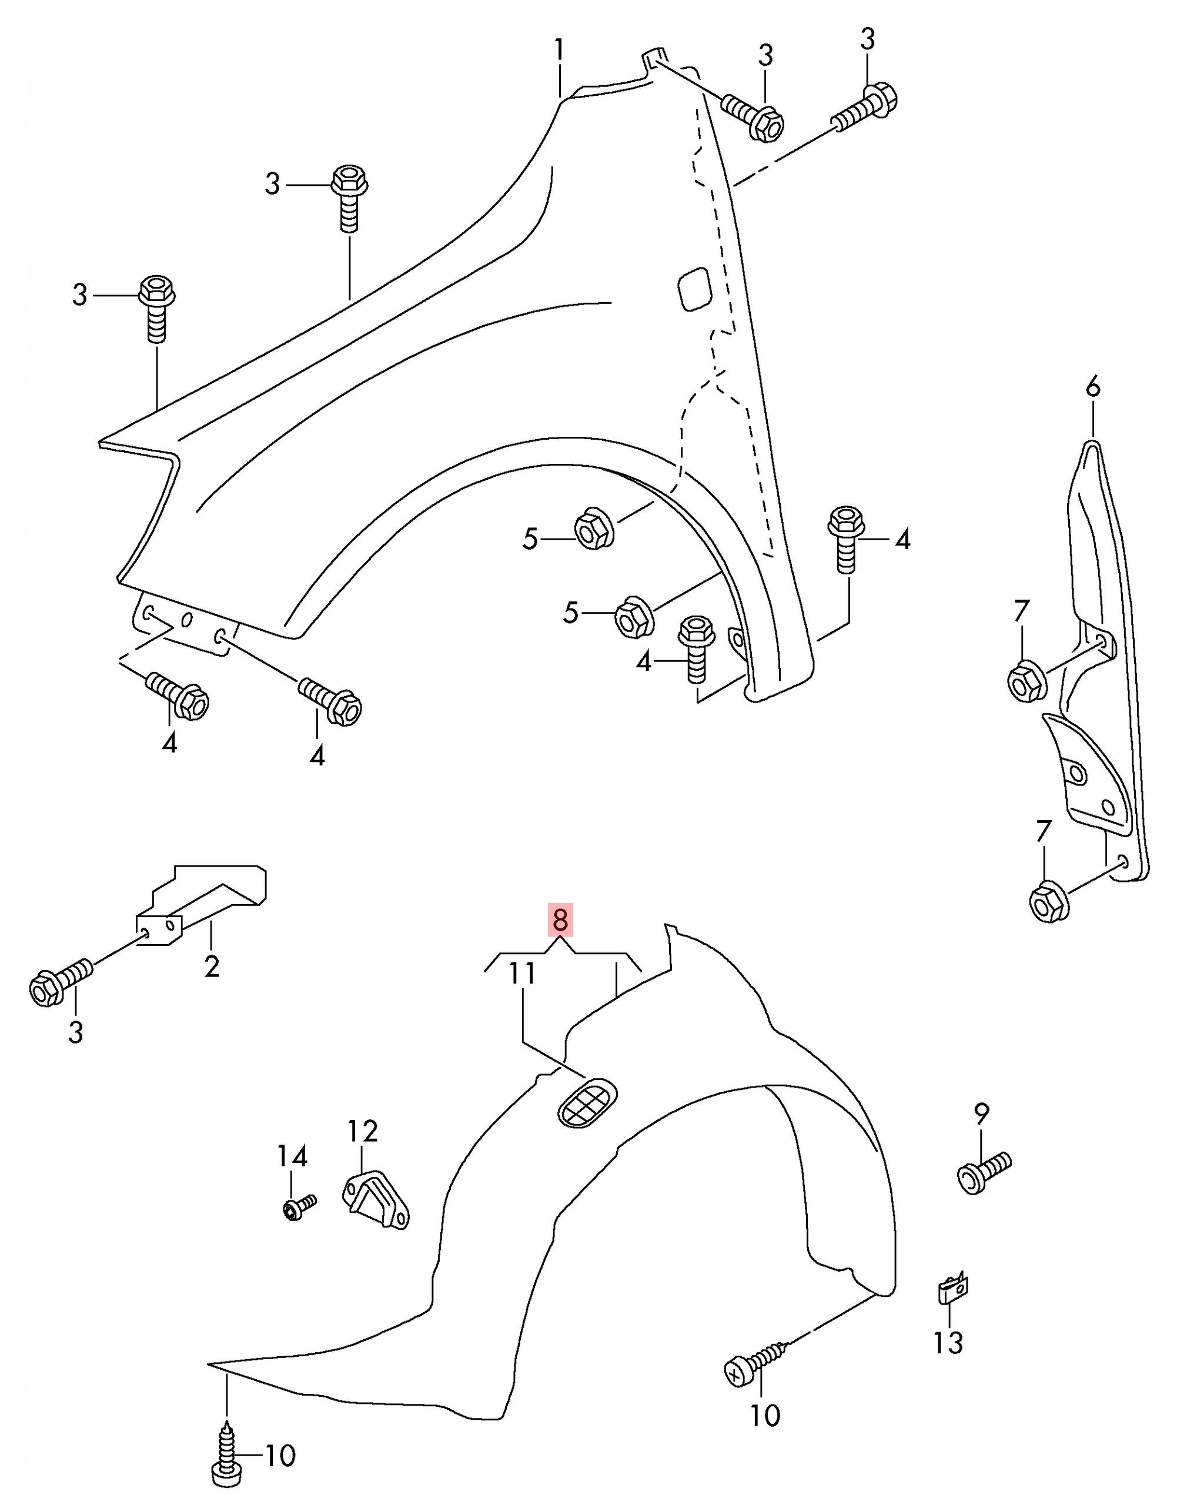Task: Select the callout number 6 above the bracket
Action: click(1093, 388)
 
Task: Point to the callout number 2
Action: click(212, 967)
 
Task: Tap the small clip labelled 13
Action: click(952, 1287)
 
